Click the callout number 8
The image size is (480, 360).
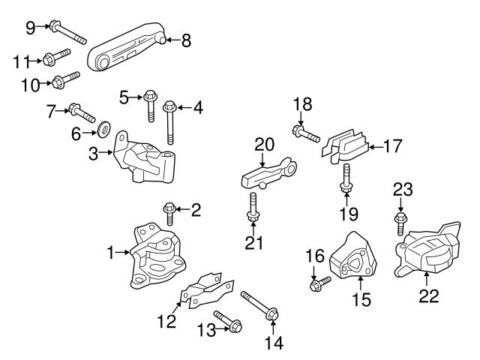186,40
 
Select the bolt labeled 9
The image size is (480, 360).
68,32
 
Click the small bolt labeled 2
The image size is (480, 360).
169,213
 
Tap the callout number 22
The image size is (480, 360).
428,295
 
